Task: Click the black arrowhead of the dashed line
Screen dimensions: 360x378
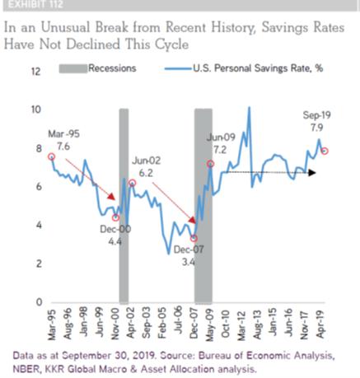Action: click(312, 173)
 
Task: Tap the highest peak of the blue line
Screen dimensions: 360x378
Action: click(249, 107)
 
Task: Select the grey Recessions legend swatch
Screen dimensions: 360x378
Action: click(73, 68)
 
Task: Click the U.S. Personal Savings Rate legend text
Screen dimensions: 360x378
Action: click(258, 68)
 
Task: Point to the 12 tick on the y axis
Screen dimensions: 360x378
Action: click(36, 72)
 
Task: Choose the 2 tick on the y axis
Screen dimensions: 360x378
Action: click(40, 264)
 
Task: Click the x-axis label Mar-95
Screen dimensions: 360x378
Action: click(51, 325)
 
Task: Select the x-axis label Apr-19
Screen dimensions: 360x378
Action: click(320, 324)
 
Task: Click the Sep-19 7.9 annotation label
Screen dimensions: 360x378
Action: click(317, 121)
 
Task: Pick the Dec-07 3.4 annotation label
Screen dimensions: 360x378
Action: click(189, 256)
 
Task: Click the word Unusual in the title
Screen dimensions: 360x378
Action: click(66, 27)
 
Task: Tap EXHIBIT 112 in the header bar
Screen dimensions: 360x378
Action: click(35, 4)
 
